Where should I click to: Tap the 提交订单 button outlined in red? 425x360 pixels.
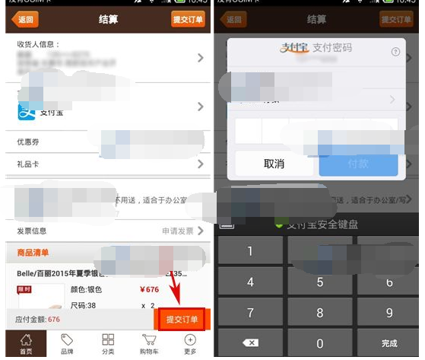pos(182,320)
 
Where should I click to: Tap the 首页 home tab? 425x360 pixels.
pos(26,344)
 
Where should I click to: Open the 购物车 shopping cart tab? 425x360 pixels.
pos(149,344)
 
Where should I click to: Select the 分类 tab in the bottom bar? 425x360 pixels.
pos(108,344)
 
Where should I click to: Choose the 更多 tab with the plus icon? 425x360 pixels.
pos(190,344)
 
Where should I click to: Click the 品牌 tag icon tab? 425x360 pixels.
pos(67,344)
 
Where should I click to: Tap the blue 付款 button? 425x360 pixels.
pos(358,164)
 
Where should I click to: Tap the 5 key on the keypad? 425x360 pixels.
pos(320,282)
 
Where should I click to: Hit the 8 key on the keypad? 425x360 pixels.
pos(320,313)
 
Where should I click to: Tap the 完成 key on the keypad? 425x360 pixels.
pos(389,343)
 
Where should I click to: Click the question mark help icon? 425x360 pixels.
pos(395,52)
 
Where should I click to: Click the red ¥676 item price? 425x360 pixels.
pos(150,289)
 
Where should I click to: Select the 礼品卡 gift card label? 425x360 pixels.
pos(29,164)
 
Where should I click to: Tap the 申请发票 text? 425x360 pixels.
pos(178,231)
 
